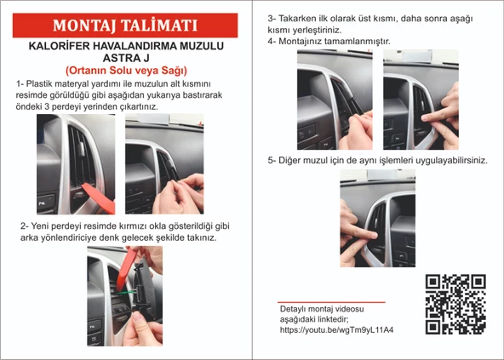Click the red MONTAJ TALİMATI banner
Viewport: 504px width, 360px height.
tap(125, 25)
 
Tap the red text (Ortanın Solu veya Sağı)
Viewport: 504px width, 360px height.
tap(126, 71)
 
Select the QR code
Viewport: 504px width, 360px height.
tap(455, 304)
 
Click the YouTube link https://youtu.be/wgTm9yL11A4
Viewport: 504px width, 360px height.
tap(341, 329)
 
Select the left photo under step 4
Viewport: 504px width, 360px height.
tap(335, 99)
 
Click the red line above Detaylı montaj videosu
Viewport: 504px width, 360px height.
tap(331, 301)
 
